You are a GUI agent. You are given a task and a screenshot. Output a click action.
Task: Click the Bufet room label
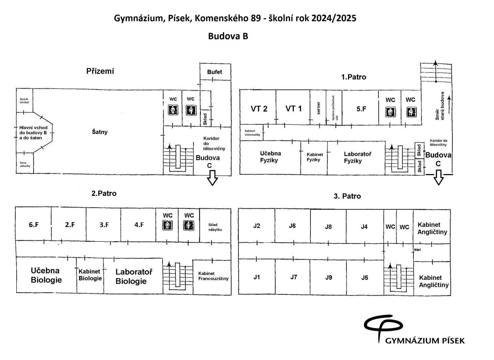coord(215,72)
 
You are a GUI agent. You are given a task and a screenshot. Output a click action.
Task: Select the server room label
coord(318,108)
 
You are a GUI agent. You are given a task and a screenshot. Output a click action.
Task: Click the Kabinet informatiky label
coord(252,133)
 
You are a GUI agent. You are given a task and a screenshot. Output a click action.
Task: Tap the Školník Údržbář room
coord(24,101)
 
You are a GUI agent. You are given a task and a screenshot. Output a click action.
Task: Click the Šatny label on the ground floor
coord(100,132)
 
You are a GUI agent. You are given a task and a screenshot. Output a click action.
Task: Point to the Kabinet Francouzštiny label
coord(213,276)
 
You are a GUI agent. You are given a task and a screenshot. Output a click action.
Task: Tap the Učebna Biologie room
coord(46,275)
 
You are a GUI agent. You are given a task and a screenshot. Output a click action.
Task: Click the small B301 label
coord(417,250)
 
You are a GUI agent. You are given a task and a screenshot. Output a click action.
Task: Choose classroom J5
coord(364,278)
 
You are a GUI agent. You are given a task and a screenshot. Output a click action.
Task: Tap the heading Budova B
coord(228,36)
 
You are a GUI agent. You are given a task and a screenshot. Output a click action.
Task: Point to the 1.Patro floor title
coord(353,77)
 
